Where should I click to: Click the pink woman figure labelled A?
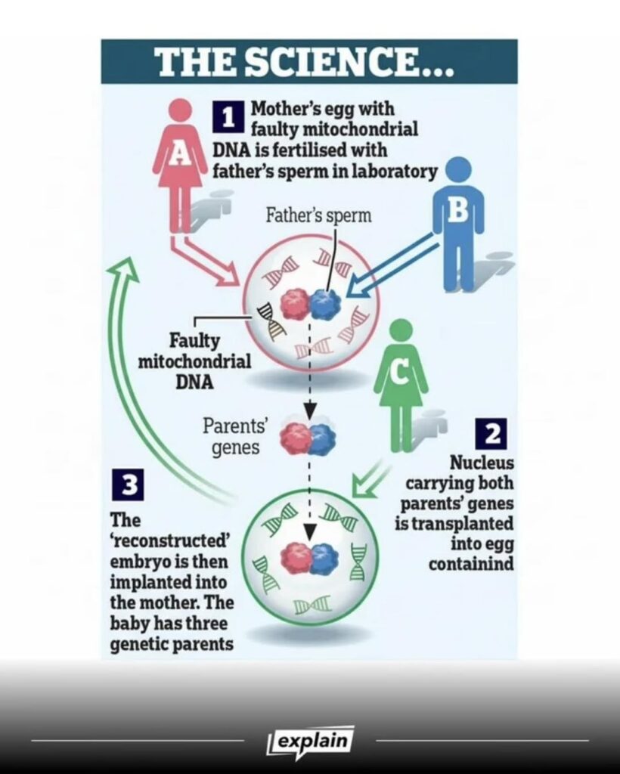[x=180, y=155]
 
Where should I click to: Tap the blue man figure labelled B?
[x=458, y=215]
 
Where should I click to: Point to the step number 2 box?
[x=492, y=433]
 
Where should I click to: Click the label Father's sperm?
[x=318, y=215]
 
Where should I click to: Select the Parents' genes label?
[x=231, y=435]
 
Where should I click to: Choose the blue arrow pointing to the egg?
[x=389, y=268]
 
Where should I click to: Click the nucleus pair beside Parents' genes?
[x=308, y=439]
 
